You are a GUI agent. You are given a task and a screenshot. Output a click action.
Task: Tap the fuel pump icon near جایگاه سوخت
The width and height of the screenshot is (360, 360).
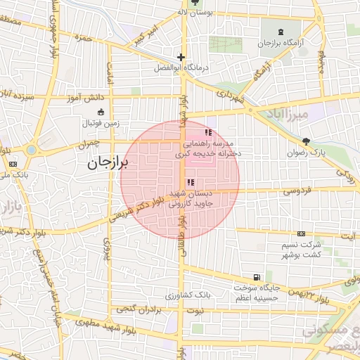pos(257,277)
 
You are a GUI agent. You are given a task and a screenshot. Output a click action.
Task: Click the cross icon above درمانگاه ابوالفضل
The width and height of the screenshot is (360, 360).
pos(181,57)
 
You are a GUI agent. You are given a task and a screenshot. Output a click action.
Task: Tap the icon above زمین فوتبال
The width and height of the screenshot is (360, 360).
pos(100,112)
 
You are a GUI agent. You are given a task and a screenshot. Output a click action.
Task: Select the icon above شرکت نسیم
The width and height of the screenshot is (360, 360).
pos(301,233)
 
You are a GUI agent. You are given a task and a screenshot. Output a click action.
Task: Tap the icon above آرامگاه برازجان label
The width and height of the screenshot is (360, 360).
pos(281,32)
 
